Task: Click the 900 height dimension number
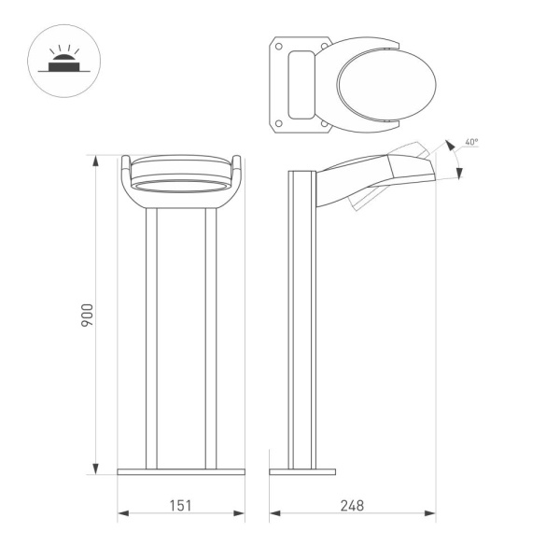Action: click(x=87, y=315)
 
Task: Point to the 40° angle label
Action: click(x=471, y=143)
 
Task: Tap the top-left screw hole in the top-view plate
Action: click(x=278, y=45)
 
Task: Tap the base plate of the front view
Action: click(x=181, y=472)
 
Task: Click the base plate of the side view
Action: click(x=302, y=472)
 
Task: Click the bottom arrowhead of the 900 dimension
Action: click(x=95, y=469)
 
